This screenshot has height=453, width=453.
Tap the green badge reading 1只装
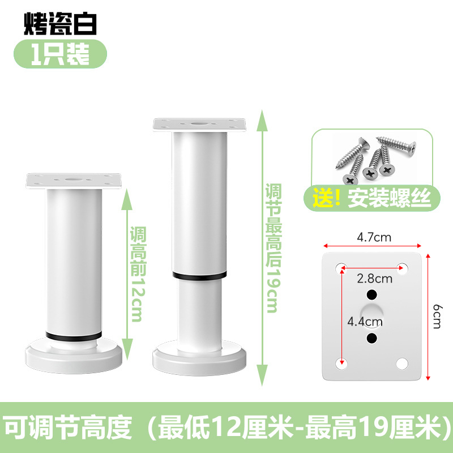coord(60,55)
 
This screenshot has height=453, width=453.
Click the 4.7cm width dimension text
coord(373,238)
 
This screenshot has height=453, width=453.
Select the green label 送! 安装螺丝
coord(371,198)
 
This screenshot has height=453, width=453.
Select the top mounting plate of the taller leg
coord(200,124)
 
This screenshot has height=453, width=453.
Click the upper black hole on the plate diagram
coord(372,295)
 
